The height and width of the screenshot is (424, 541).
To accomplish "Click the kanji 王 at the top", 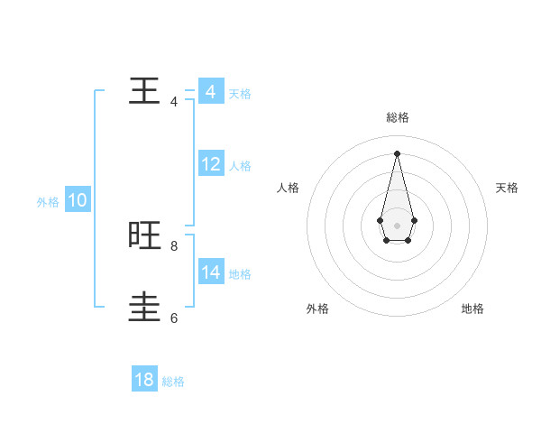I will pos(144,91).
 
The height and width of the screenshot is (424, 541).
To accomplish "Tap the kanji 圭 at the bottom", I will pos(144,307).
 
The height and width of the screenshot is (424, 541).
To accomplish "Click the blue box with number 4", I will pos(210,92).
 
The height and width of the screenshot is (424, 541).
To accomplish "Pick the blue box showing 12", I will pos(210,164).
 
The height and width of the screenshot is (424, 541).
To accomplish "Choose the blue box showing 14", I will pos(210,272).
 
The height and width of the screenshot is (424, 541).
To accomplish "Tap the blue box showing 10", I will pos(78,201).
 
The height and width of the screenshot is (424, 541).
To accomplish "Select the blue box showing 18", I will pos(144,380).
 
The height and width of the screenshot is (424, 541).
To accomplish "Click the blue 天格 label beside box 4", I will pos(240,93).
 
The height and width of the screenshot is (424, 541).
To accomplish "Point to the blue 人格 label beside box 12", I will pos(240,166).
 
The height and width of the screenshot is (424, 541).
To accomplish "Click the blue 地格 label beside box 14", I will pos(240,273).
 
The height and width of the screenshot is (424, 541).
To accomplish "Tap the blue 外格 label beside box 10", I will pos(48,202).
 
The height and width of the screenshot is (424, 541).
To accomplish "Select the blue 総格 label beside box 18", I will pos(173,382).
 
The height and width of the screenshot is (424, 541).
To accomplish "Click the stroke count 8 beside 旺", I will pos(174,245).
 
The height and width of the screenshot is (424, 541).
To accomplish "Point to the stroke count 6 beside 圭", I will pos(174,318).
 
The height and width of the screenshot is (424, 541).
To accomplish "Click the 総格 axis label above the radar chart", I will pos(398,117).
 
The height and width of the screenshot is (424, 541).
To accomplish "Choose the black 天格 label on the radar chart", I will pos(507,188).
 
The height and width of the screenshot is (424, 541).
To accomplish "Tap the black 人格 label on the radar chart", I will pos(289,188).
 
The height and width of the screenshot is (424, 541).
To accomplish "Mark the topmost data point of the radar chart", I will pos(397,153).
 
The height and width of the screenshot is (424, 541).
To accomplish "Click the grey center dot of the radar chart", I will pos(397,225).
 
